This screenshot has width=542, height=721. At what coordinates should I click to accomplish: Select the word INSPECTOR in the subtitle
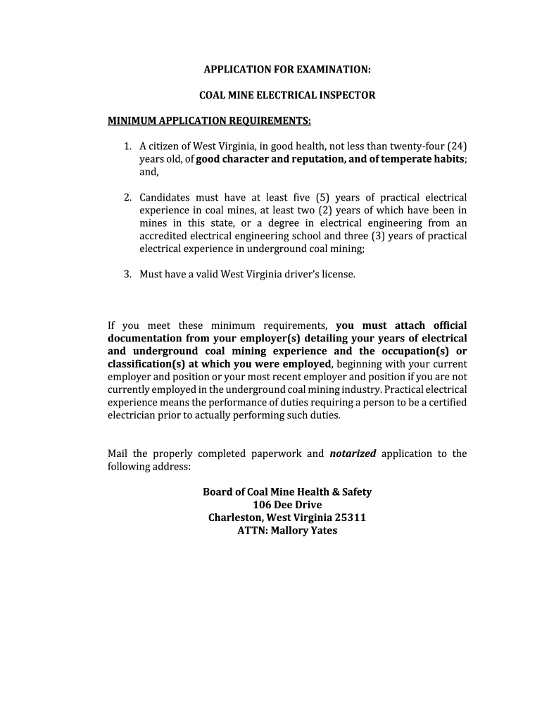pos(345,95)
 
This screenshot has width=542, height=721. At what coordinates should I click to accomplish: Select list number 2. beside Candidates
pos(127,197)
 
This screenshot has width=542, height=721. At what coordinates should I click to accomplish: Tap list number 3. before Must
pos(127,273)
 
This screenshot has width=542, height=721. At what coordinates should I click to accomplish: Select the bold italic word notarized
pos(353,453)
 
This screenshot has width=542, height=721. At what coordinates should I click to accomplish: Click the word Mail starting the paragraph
pos(118,453)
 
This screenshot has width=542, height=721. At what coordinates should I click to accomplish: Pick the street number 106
pos(263,505)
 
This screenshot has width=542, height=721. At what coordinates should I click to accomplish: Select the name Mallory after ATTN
pos(289,530)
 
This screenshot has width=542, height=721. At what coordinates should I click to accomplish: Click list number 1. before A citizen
pos(127,146)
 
